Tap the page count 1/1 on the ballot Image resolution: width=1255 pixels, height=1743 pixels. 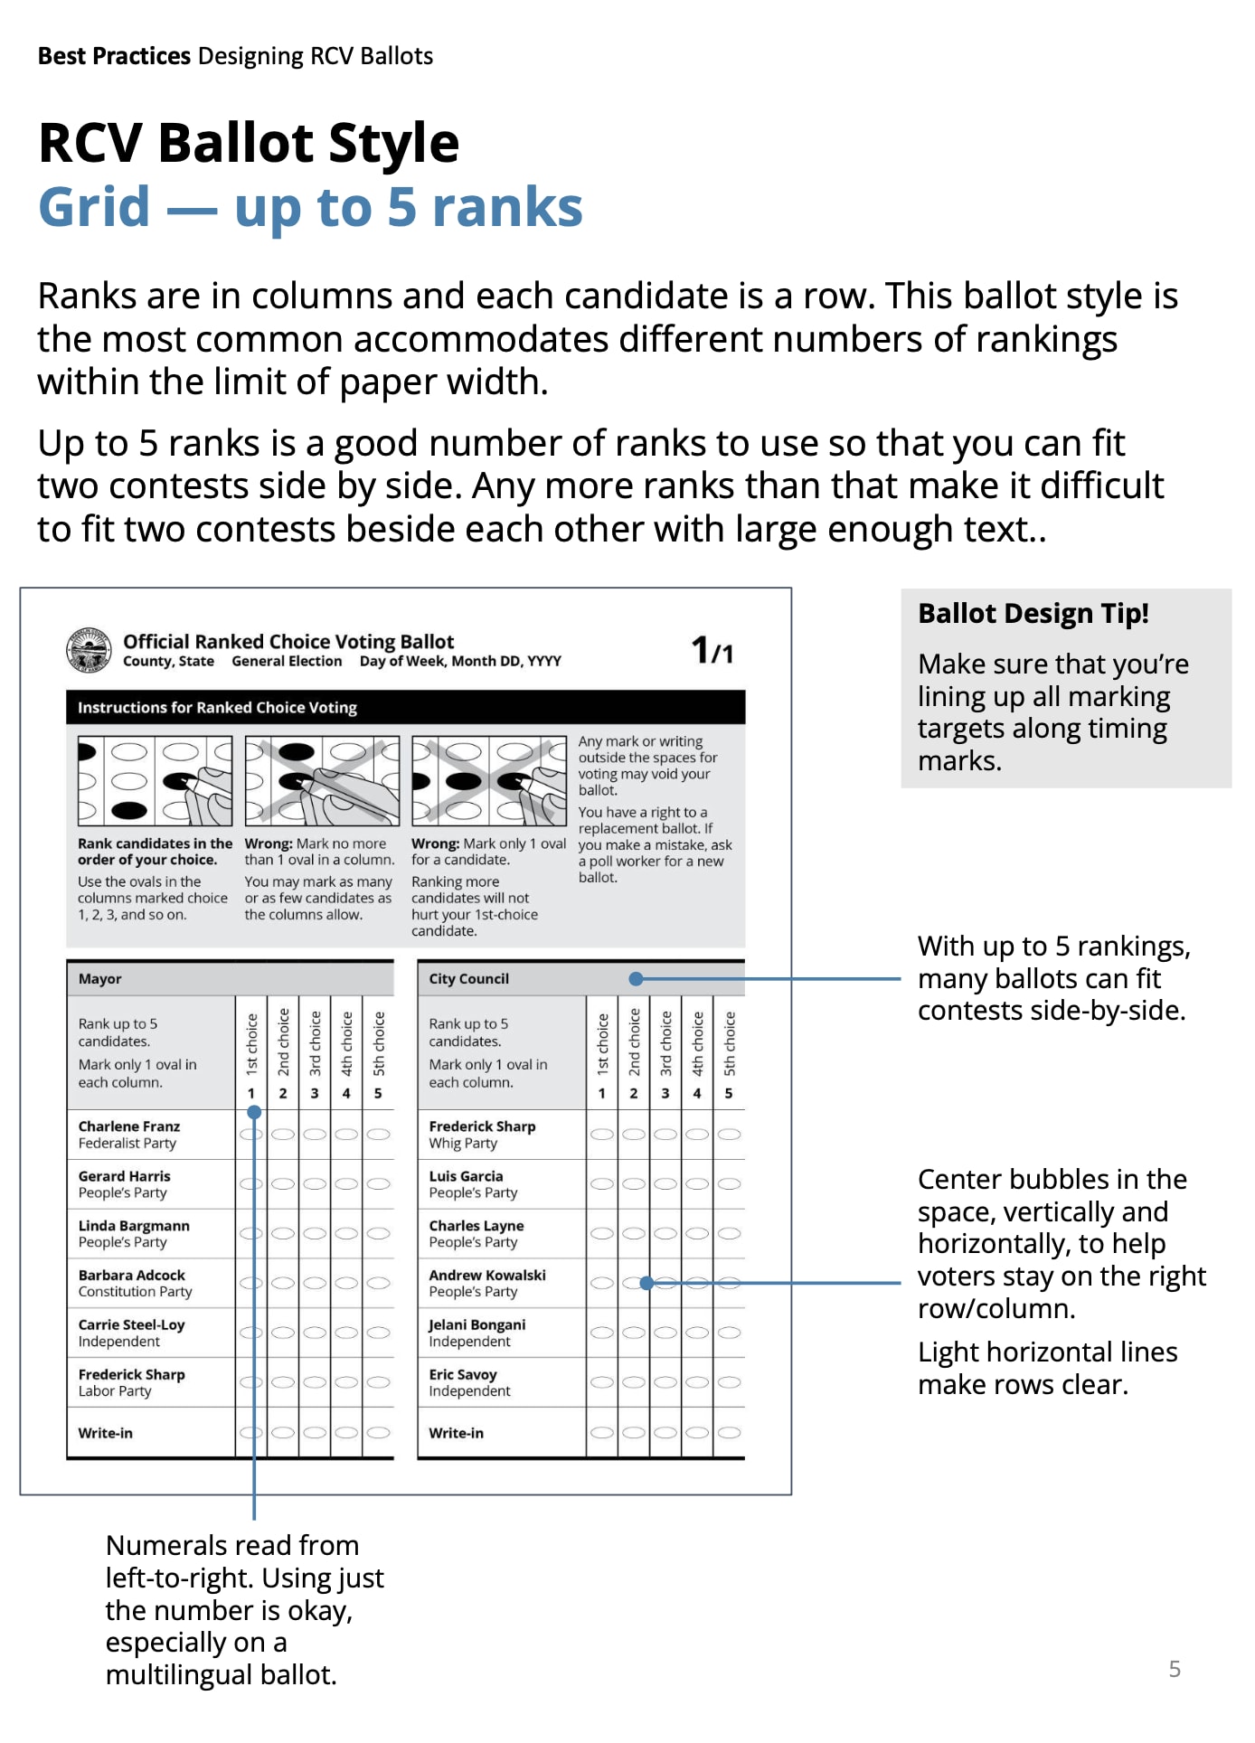click(712, 650)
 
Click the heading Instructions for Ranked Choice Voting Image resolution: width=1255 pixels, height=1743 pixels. click(217, 708)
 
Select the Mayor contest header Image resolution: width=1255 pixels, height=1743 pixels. click(100, 979)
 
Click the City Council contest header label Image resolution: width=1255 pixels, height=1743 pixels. click(468, 979)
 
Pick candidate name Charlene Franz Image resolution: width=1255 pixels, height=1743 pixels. click(129, 1126)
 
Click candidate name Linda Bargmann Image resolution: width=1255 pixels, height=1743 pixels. click(134, 1226)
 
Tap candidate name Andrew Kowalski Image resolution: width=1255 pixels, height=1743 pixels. click(487, 1276)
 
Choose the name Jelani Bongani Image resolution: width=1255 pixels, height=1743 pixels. click(477, 1325)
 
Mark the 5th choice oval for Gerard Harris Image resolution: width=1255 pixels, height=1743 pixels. click(378, 1184)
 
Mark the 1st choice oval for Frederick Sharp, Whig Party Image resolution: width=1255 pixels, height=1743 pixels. click(602, 1135)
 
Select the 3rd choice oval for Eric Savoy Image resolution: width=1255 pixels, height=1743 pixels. click(665, 1382)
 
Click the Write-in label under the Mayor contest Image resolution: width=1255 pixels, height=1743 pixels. click(105, 1434)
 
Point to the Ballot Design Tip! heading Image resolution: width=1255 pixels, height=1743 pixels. click(1033, 614)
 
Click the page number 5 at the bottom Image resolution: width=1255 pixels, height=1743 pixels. click(1175, 1669)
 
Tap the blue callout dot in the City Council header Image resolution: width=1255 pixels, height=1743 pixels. click(637, 979)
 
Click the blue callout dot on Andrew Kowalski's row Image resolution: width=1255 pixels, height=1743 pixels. click(646, 1283)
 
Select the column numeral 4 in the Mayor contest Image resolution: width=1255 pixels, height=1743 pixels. click(346, 1094)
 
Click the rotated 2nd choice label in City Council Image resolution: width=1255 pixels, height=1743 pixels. click(634, 1042)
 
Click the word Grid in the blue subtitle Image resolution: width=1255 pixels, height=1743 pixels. click(94, 207)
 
